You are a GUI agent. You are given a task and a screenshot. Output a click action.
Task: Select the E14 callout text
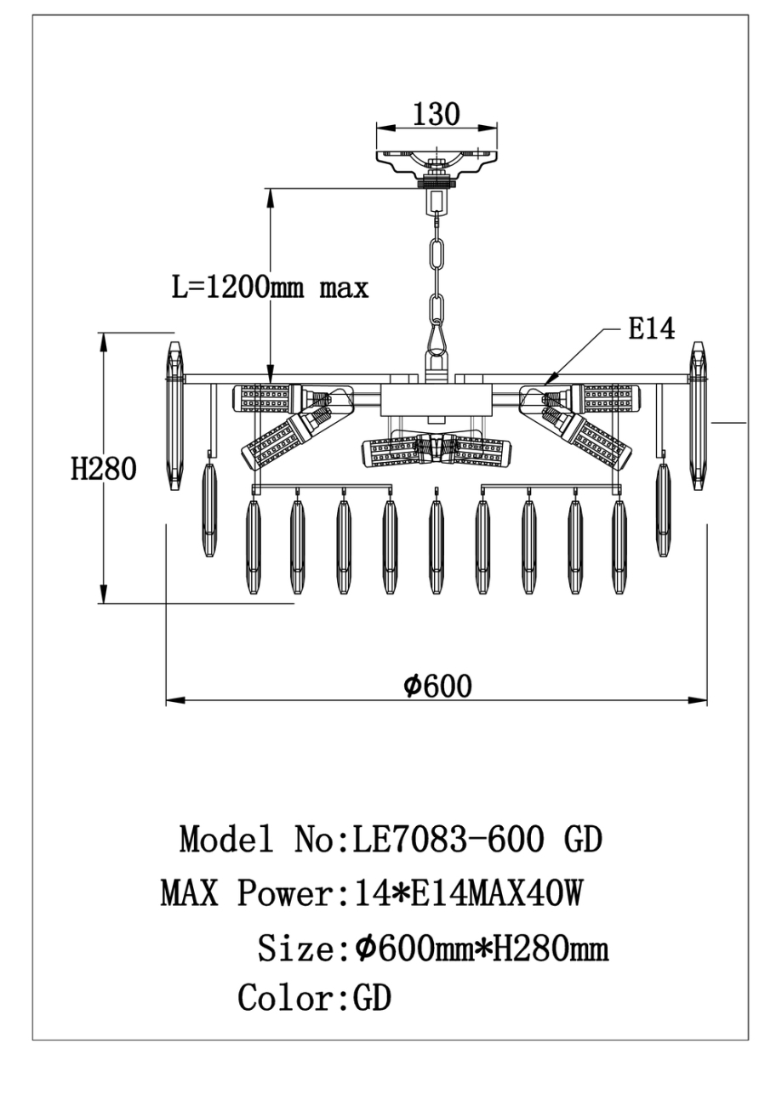coord(652,328)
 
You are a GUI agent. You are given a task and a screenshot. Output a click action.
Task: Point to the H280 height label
coord(103,468)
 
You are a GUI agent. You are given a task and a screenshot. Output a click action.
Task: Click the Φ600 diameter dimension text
coord(437,686)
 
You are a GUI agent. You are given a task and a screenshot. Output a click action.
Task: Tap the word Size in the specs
coord(294,948)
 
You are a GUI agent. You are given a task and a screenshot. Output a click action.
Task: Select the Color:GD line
coord(314,998)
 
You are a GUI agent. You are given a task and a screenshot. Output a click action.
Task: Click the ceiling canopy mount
coord(437,160)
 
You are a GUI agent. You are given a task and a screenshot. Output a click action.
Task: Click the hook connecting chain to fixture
coord(437,335)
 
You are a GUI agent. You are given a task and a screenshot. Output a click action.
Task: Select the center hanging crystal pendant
coord(437,545)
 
